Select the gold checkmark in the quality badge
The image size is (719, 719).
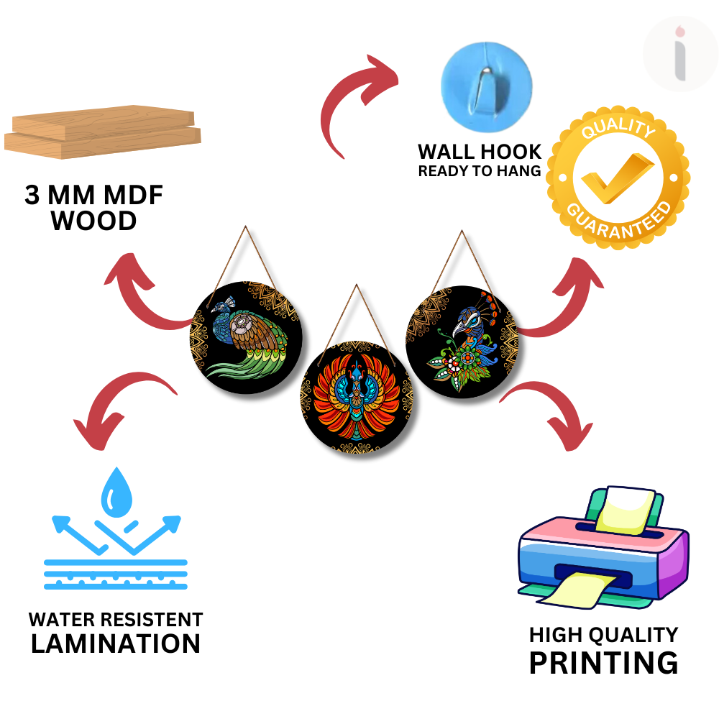(x=617, y=179)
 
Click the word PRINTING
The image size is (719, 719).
(x=603, y=662)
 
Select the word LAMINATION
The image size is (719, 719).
(x=115, y=644)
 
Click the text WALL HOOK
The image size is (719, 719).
(x=480, y=152)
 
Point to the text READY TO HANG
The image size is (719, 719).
(x=480, y=171)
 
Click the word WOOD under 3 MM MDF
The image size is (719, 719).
(x=93, y=221)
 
